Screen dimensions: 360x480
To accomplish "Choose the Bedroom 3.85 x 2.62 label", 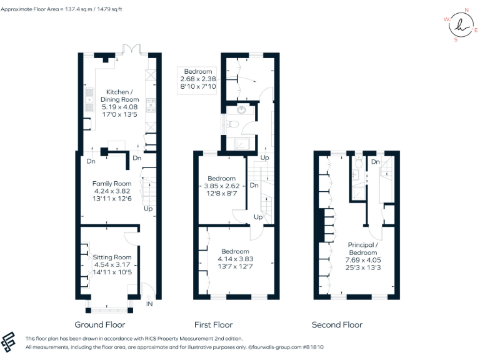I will [222, 186].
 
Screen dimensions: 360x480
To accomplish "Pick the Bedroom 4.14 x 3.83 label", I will [235, 259].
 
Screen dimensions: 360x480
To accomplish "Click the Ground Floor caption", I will [100, 324].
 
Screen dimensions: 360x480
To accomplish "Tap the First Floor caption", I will [214, 324].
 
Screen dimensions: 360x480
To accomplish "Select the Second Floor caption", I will [337, 324].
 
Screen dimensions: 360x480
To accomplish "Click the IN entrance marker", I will [149, 304].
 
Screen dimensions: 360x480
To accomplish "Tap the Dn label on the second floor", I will [375, 162].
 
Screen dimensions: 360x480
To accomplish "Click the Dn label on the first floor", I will [254, 186].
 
